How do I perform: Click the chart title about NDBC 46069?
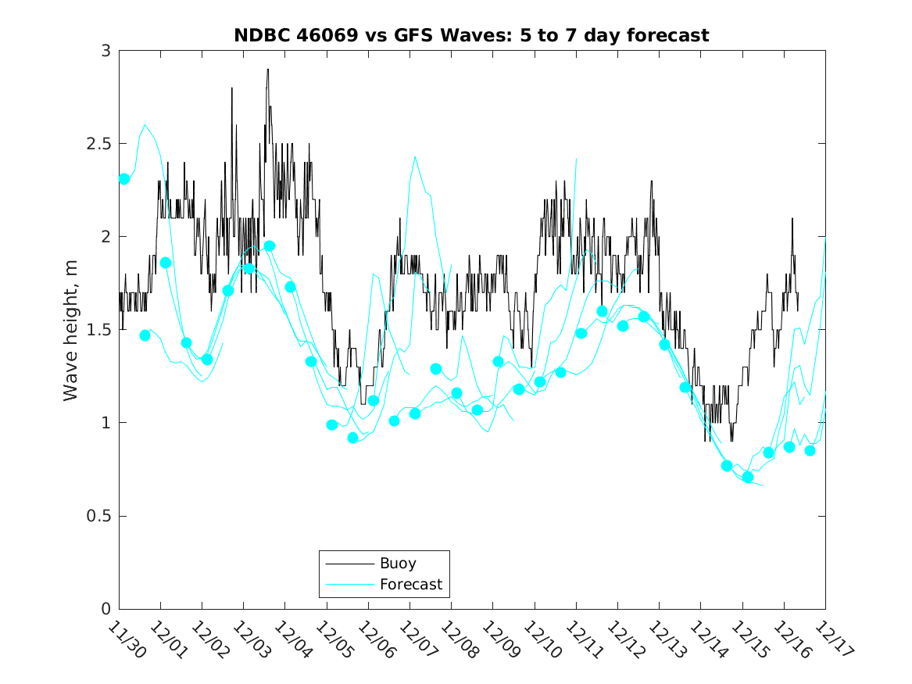click(471, 35)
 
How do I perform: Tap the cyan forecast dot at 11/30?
click(124, 179)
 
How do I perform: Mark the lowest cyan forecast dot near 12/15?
click(748, 477)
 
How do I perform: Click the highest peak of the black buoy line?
click(267, 70)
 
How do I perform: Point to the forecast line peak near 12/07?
click(415, 156)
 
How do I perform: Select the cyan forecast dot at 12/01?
click(166, 263)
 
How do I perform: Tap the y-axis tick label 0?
click(106, 609)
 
